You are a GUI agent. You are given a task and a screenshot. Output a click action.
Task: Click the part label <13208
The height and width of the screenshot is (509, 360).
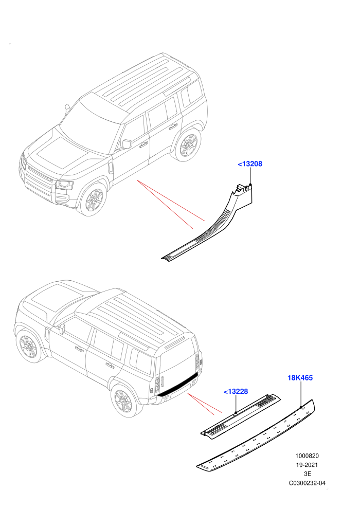coord(250,164)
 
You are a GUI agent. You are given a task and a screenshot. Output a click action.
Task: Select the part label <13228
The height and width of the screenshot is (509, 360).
coord(236,391)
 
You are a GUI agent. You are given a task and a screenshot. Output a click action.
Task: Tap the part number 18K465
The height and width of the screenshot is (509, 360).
coord(300,378)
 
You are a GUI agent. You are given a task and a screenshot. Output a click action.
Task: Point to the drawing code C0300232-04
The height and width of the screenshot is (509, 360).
coord(307,483)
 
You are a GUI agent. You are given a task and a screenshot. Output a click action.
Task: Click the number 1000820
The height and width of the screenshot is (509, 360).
coord(307,456)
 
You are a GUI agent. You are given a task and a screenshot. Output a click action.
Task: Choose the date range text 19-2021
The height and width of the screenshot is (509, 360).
coord(307,465)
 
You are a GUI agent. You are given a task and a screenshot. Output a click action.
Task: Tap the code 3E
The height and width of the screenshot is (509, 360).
coord(307,474)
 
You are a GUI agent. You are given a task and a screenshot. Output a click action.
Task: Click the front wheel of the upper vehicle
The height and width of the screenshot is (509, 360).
coord(93,199)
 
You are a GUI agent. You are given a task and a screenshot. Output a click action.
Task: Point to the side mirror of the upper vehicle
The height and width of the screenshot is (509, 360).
coord(127,144)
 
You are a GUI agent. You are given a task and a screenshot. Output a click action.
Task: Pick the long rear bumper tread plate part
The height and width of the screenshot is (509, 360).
coord(256,435)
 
